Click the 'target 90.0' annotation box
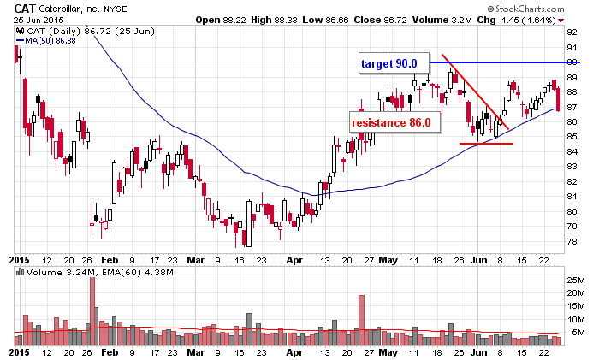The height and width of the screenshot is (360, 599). coord(388,63)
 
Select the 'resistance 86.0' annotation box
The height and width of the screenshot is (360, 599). coord(390,122)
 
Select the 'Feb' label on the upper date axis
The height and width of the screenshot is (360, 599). coord(110,257)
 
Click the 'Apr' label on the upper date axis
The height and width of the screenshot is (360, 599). coord(294,257)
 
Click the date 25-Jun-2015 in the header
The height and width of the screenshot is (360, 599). coord(31,20)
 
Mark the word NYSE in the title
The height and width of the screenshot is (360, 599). coord(118,9)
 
